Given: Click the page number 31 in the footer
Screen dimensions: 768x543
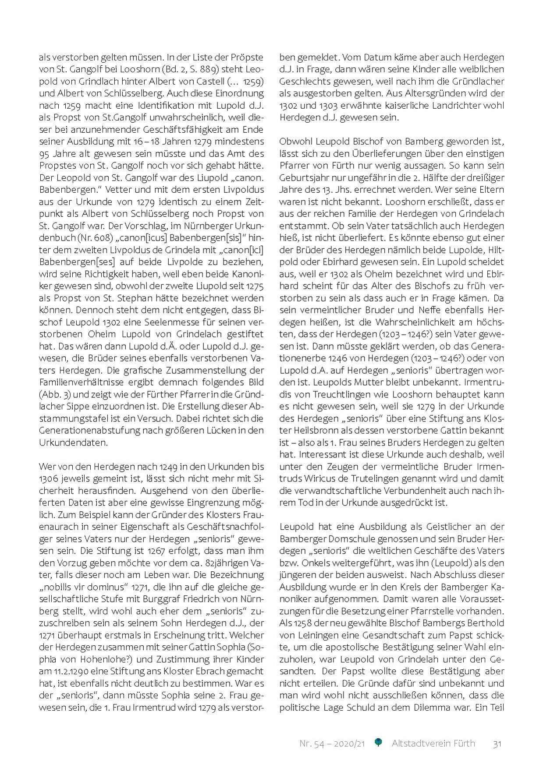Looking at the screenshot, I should click(x=497, y=743).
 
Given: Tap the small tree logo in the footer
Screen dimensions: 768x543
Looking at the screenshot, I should click(x=378, y=742).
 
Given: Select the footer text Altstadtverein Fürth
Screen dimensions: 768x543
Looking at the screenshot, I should click(x=433, y=743).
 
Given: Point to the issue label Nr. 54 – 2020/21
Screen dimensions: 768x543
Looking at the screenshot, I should click(x=332, y=743).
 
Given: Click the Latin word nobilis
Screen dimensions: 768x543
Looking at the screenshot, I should click(x=58, y=587).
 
